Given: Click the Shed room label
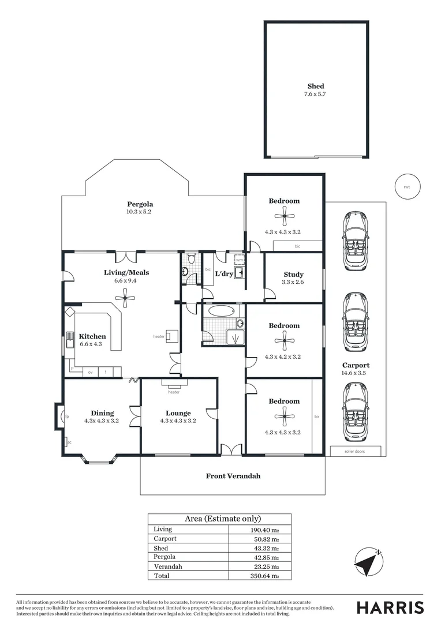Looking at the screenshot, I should (315, 87).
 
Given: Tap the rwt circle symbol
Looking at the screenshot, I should (407, 186).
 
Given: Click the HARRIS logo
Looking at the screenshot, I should (390, 607).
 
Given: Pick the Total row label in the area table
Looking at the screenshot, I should (162, 576).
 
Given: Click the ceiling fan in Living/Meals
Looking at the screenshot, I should (125, 298).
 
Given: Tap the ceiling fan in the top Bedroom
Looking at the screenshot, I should (284, 217).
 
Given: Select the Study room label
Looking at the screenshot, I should (293, 275).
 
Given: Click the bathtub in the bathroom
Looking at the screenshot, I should (222, 311).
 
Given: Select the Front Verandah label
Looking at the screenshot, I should (233, 476).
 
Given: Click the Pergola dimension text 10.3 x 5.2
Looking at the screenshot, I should (140, 212).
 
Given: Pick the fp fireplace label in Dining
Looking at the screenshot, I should (67, 416).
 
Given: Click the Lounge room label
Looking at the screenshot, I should (178, 413).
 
